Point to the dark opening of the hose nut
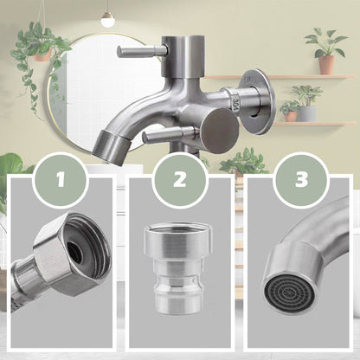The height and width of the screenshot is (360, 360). click(75, 251)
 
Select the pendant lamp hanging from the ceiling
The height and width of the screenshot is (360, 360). click(107, 16)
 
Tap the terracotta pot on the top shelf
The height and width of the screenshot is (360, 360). click(325, 64)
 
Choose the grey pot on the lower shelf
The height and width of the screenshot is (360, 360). click(306, 112)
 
